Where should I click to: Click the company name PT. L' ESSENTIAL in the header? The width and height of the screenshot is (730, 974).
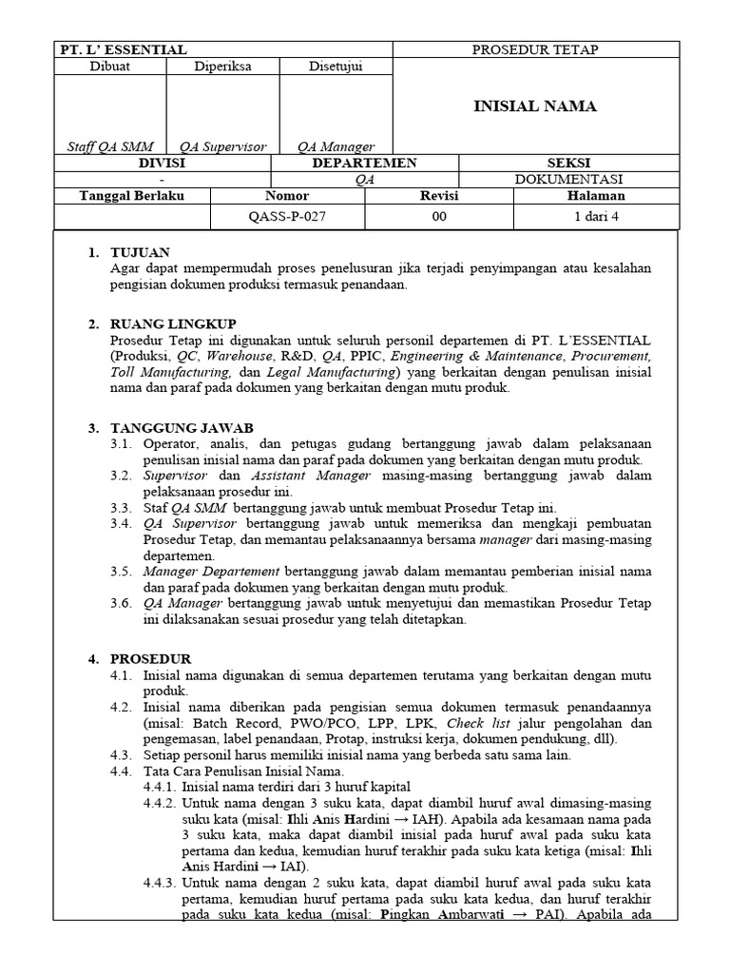click(x=124, y=49)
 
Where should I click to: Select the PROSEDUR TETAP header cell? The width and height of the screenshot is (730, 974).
click(x=535, y=49)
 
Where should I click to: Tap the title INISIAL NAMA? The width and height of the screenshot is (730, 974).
click(x=535, y=107)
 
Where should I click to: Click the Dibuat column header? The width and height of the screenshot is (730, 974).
click(x=109, y=67)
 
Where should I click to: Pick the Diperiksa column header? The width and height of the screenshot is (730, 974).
click(x=222, y=67)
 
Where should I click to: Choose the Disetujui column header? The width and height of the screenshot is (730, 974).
click(x=336, y=67)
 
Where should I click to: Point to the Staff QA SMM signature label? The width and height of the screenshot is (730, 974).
click(x=109, y=146)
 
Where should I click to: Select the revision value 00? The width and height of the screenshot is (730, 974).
click(x=439, y=216)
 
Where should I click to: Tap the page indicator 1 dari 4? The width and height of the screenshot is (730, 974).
click(x=597, y=216)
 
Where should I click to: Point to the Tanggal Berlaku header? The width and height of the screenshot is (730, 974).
click(x=131, y=196)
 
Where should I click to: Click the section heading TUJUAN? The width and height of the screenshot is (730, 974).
click(x=140, y=252)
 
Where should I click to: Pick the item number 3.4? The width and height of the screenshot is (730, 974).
click(x=120, y=523)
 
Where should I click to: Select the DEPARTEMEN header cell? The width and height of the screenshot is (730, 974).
click(x=364, y=163)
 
